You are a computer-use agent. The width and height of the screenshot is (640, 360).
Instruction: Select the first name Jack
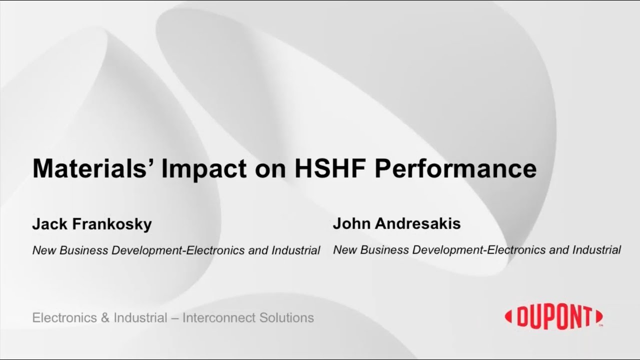(49, 224)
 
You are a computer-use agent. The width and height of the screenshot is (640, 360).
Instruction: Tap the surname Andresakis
(417, 223)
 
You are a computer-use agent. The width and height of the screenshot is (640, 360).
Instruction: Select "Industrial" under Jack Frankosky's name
(296, 250)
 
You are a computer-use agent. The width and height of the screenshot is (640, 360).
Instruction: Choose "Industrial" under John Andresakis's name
(597, 249)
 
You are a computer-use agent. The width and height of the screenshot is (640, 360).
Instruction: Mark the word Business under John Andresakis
(381, 249)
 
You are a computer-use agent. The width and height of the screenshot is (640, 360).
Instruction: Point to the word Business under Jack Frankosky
(80, 250)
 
